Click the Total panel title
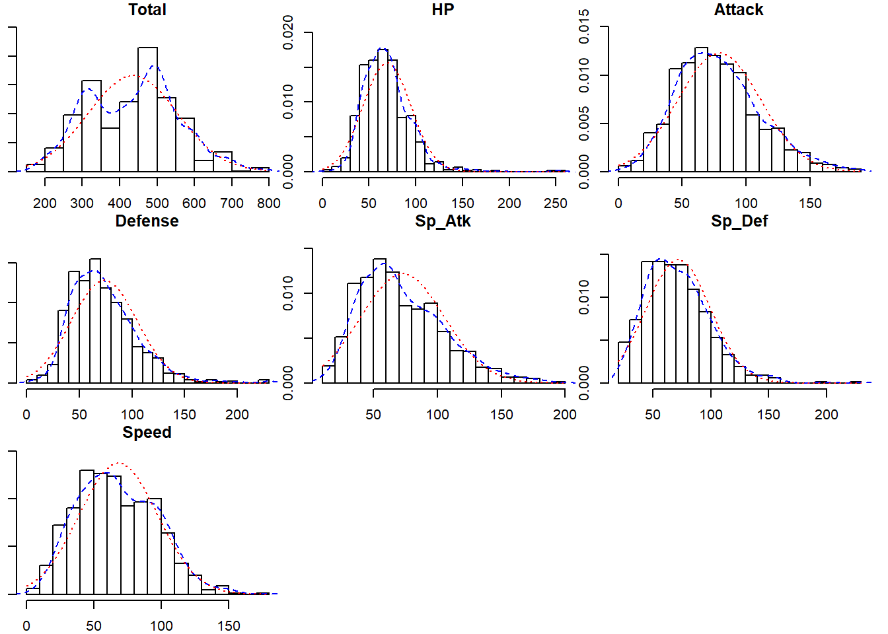pyautogui.click(x=147, y=10)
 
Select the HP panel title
pyautogui.click(x=443, y=10)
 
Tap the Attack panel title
pyautogui.click(x=739, y=10)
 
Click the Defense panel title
pyautogui.click(x=147, y=221)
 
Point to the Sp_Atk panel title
pyautogui.click(x=443, y=221)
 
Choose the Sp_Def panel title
pyautogui.click(x=739, y=221)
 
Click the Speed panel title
pyautogui.click(x=147, y=433)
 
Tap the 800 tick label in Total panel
pyautogui.click(x=268, y=203)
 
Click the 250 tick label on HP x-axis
pyautogui.click(x=556, y=203)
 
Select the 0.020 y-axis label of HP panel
pyautogui.click(x=289, y=32)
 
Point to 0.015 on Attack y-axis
pyautogui.click(x=584, y=26)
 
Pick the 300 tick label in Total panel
pyautogui.click(x=82, y=203)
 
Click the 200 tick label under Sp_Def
pyautogui.click(x=826, y=415)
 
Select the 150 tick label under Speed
pyautogui.click(x=229, y=626)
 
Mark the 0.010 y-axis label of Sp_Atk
pyautogui.click(x=289, y=293)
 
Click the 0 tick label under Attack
pyautogui.click(x=618, y=203)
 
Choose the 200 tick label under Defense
pyautogui.click(x=237, y=415)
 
